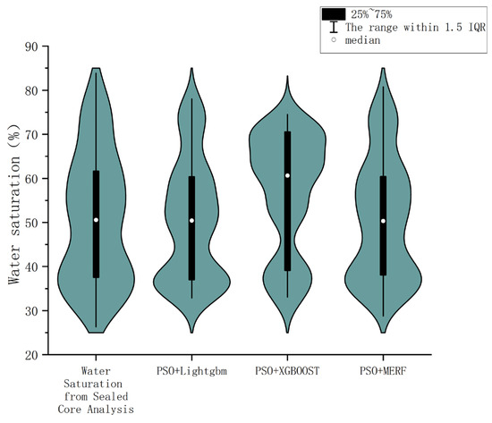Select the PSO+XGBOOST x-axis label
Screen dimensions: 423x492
coord(287,369)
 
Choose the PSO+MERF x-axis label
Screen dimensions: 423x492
coord(383,369)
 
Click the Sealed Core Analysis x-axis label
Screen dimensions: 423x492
coord(96,389)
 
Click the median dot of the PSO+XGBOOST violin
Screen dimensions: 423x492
coord(287,175)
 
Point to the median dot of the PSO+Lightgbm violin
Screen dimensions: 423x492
coord(191,220)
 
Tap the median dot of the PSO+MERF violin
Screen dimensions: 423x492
coord(383,221)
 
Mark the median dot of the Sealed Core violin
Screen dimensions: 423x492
coord(96,220)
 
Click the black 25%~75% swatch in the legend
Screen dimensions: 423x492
coord(335,13)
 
